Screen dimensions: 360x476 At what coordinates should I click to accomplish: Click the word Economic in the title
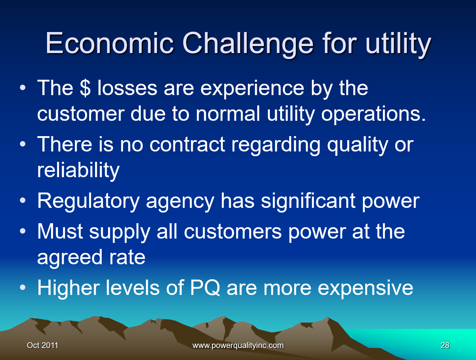[109, 43]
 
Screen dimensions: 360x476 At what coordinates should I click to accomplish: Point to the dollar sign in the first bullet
[85, 88]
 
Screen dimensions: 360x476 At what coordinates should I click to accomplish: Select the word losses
[127, 88]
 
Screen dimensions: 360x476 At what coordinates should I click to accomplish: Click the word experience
[252, 89]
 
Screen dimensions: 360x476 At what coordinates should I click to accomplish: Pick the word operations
[373, 114]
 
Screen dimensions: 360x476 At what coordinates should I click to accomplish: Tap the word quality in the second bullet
[357, 145]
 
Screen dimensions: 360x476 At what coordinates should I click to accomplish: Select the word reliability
[78, 170]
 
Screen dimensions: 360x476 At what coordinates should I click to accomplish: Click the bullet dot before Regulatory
[22, 201]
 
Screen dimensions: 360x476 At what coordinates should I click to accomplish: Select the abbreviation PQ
[205, 288]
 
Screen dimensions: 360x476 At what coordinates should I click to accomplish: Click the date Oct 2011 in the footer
[42, 345]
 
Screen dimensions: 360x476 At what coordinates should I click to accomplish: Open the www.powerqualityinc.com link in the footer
[238, 345]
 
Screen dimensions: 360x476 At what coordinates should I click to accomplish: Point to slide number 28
[445, 345]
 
